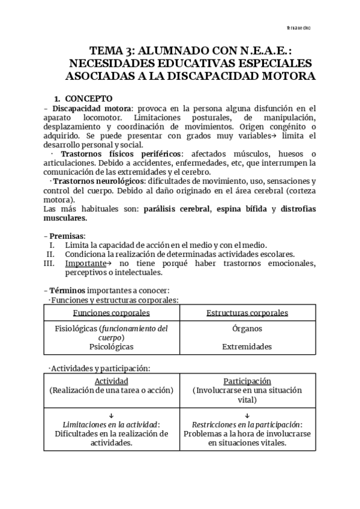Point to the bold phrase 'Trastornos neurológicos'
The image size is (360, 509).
95,181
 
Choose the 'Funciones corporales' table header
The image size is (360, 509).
111,313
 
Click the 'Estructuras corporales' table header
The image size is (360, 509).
247,313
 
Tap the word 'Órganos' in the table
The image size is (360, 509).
247,329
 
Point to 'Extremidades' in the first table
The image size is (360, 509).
247,346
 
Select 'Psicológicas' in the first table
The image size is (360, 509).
111,346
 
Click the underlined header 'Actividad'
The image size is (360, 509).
111,381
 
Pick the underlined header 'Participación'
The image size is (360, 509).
247,381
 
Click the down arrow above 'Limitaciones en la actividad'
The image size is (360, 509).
111,415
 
